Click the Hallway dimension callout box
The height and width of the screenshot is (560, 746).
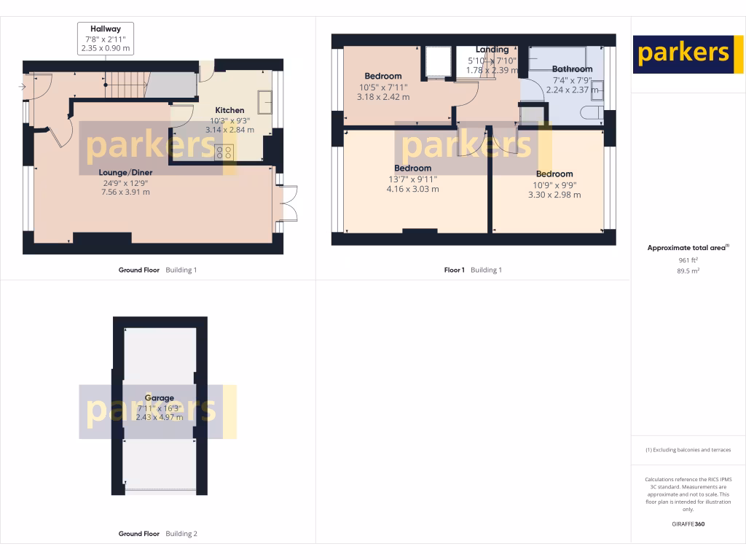click(106, 38)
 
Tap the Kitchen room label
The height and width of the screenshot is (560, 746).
click(229, 110)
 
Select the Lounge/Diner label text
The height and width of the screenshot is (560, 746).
click(125, 173)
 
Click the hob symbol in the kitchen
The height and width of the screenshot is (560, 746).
click(224, 152)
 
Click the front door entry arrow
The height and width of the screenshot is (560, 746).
click(23, 87)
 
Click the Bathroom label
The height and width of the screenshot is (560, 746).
click(572, 69)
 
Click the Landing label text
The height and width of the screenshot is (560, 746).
click(492, 50)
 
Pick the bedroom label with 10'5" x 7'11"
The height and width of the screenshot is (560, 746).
click(383, 77)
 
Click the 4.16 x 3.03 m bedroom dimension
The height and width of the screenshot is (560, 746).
click(412, 190)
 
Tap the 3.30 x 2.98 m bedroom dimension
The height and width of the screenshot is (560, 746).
click(554, 195)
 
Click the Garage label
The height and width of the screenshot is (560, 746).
click(159, 398)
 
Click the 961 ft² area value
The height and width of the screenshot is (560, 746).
click(688, 260)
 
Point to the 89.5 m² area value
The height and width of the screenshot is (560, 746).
click(688, 271)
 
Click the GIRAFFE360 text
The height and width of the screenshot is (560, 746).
click(688, 524)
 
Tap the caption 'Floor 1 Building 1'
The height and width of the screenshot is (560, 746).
click(473, 270)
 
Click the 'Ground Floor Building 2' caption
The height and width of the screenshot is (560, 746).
click(157, 534)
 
